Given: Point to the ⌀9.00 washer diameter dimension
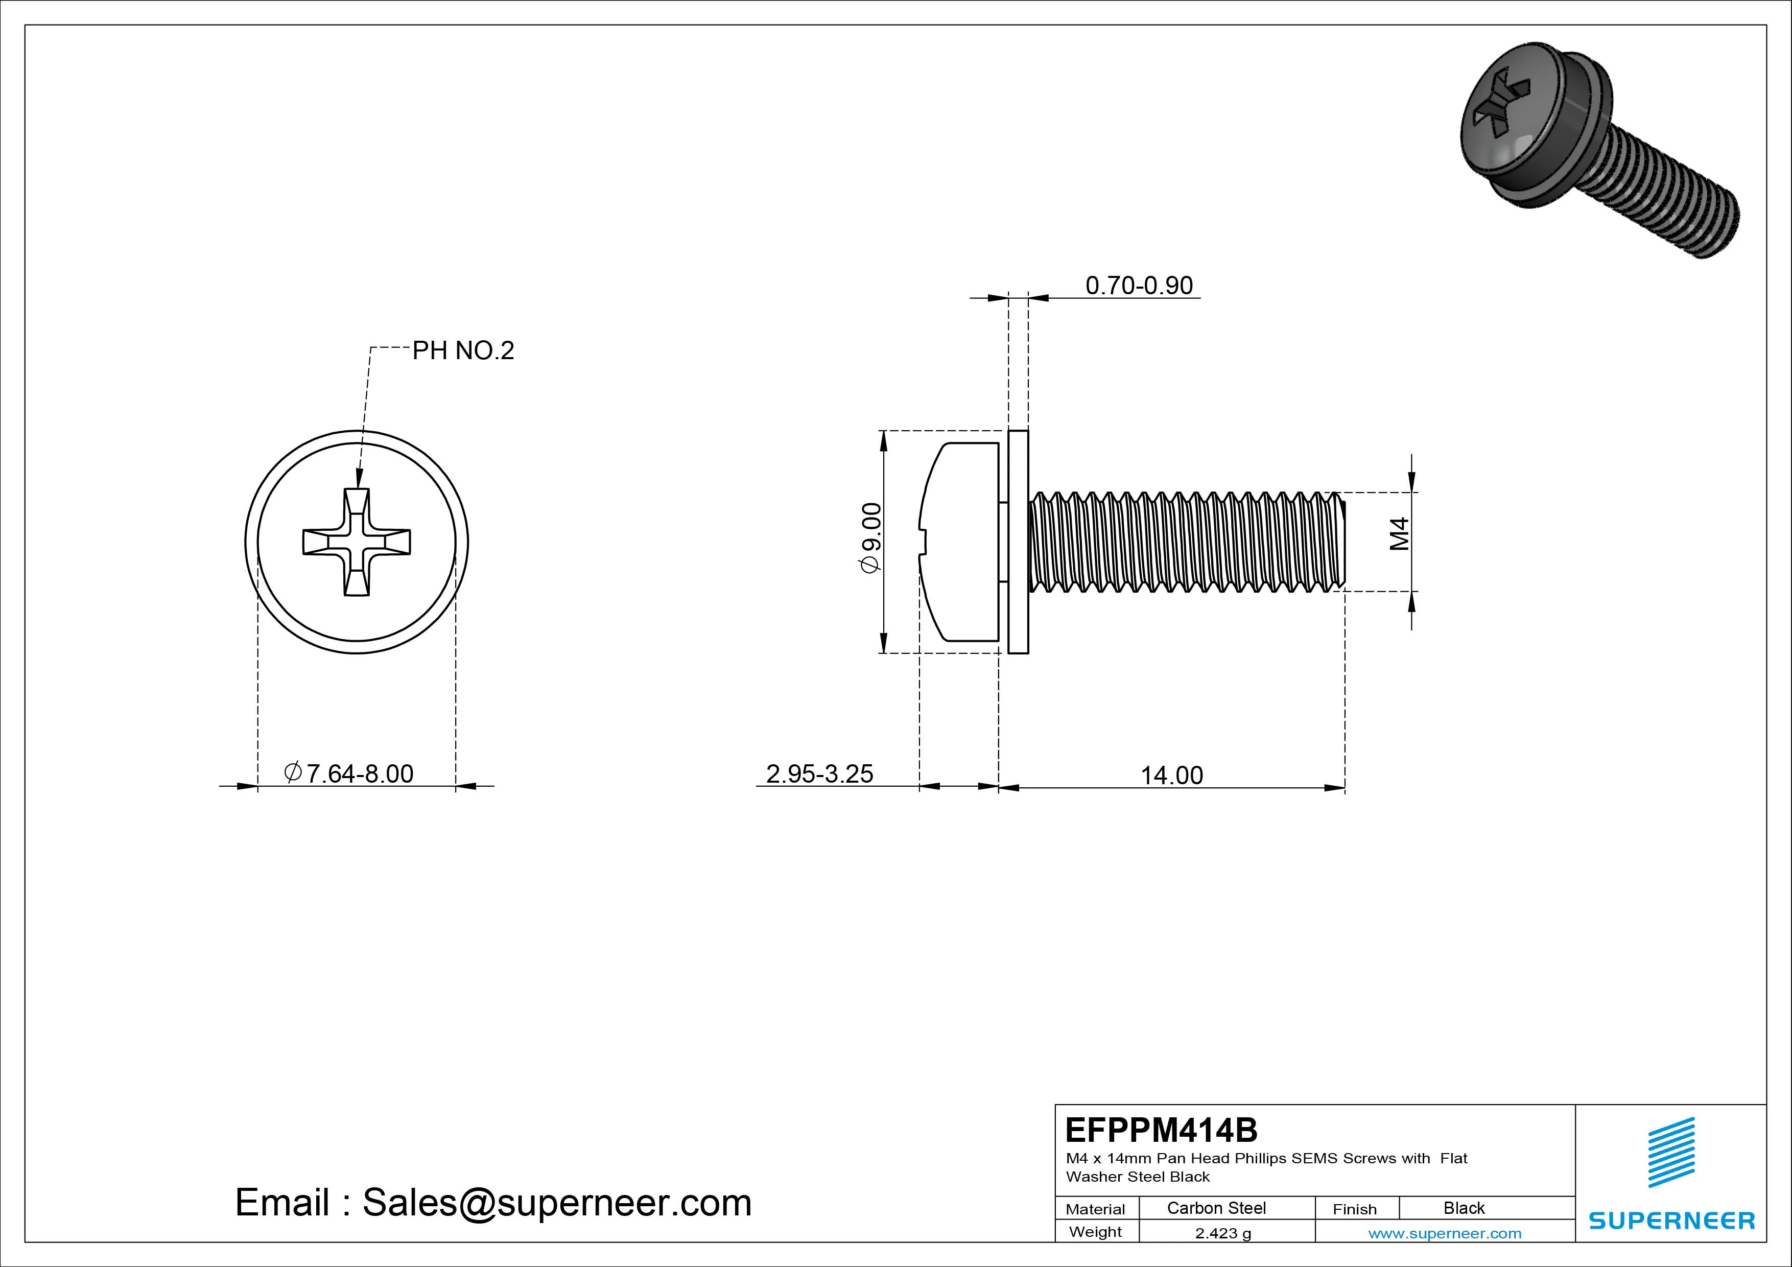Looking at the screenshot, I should pos(871,538).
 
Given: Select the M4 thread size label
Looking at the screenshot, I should pos(1399,534).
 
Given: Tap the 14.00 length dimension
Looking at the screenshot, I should pos(1171,775).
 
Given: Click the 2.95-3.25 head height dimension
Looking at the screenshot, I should pos(819,773).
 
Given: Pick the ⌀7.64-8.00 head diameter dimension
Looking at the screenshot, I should pos(349,773).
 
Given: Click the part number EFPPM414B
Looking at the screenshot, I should pos(1161,1130).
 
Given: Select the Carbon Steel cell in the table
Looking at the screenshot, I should pos(1216,1208).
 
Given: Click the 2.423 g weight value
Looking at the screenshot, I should pos(1223,1233).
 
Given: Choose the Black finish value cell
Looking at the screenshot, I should pos(1464,1208).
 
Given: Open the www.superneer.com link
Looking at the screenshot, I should pos(1444,1233).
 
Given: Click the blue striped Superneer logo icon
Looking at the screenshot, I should pos(1670,1152).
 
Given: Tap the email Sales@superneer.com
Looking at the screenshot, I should pos(493,1202).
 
